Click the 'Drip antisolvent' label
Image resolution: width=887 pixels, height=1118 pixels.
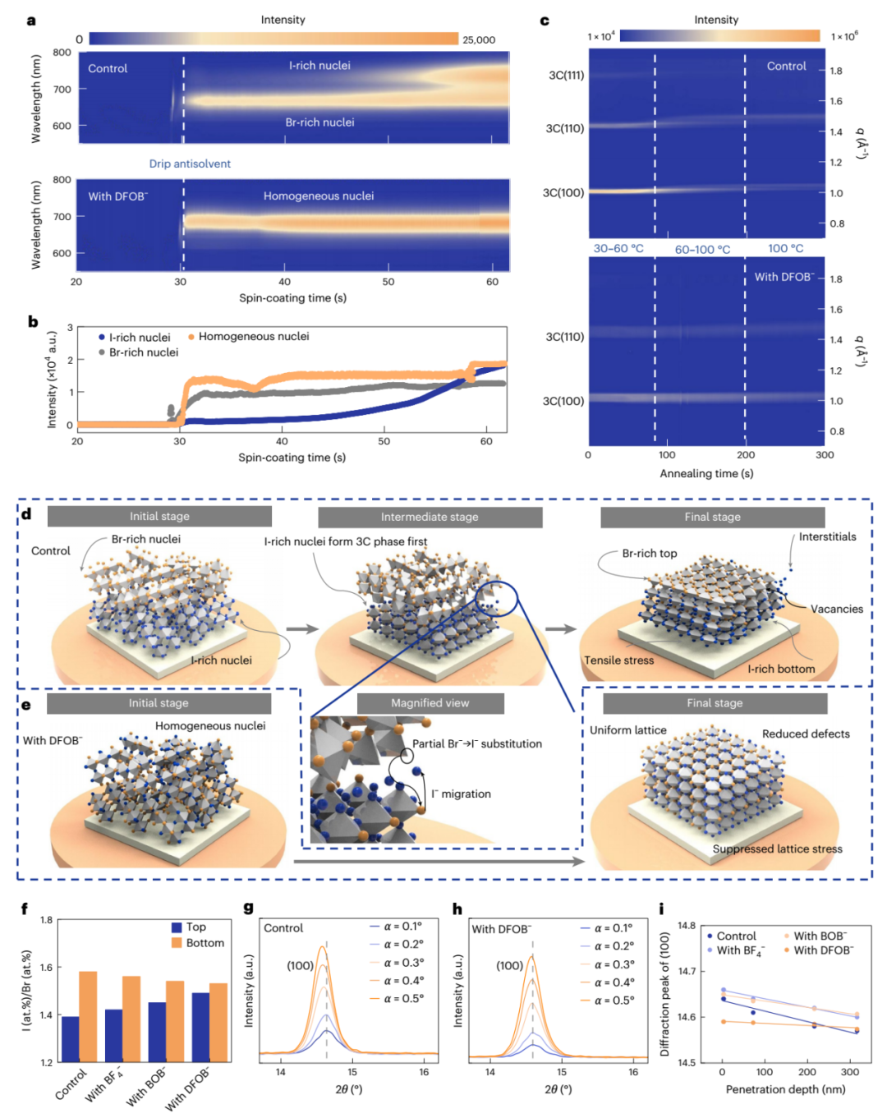(x=190, y=163)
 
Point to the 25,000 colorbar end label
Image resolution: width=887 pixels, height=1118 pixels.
(x=479, y=39)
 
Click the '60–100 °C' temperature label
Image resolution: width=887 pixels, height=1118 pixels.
(x=702, y=250)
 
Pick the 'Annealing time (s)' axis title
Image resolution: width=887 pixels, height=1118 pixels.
(x=706, y=473)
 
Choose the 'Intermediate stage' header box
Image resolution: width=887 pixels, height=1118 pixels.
(x=430, y=517)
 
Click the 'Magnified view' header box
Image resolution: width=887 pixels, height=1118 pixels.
(x=430, y=703)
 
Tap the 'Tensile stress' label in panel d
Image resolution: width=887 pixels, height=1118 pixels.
(x=619, y=660)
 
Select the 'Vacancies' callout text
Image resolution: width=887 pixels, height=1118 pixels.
(x=836, y=609)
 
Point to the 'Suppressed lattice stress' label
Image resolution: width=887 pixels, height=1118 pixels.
(x=777, y=849)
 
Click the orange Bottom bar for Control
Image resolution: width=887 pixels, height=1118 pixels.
(x=88, y=1016)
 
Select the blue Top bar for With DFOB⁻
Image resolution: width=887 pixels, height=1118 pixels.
(x=200, y=1027)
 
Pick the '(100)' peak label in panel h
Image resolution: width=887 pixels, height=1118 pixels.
(x=509, y=965)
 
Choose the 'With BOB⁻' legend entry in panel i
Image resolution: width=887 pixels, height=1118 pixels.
(x=820, y=936)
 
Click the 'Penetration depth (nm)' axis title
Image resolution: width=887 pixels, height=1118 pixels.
(x=785, y=1089)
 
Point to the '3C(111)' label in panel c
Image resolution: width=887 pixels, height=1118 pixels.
(x=567, y=76)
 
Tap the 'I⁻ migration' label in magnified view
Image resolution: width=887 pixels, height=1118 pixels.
(x=461, y=794)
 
